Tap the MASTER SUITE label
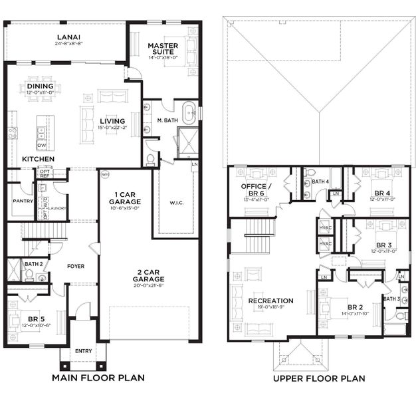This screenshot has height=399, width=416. (x=161, y=49)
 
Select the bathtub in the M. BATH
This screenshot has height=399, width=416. (x=188, y=112)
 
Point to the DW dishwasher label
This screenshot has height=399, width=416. (x=41, y=146)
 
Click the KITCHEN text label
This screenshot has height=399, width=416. (x=38, y=160)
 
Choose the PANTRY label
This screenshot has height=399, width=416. (x=23, y=200)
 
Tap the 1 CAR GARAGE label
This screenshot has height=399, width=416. (x=124, y=199)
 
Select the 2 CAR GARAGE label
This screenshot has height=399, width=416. (x=148, y=275)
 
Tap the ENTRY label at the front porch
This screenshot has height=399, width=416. (x=84, y=350)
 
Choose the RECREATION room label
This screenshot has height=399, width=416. (x=270, y=301)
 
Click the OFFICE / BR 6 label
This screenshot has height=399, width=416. (x=256, y=189)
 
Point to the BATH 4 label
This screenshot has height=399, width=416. (x=321, y=182)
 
